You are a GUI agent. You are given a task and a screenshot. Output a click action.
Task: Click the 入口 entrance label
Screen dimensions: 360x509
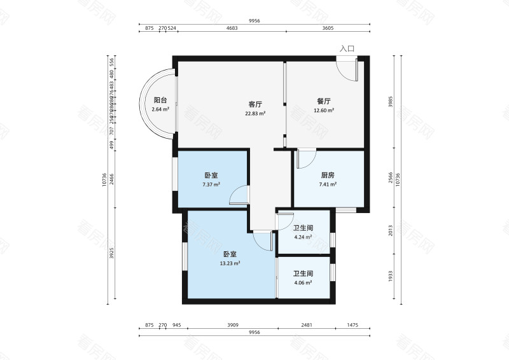[x=347, y=48]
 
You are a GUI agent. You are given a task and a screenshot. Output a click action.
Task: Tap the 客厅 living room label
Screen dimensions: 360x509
[x=255, y=104]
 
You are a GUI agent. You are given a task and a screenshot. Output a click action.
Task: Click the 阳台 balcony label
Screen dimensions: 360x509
[x=160, y=100]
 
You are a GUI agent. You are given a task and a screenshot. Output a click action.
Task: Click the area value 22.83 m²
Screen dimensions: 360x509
[x=255, y=113]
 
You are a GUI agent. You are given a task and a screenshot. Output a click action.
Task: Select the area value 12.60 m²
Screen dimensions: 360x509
[x=324, y=110]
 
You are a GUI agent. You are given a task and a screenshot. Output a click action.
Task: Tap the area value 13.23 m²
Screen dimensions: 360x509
[x=230, y=263]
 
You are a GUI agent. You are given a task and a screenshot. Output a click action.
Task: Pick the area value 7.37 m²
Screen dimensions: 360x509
[x=211, y=184]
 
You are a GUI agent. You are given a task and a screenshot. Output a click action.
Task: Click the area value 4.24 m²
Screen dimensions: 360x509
[x=302, y=237]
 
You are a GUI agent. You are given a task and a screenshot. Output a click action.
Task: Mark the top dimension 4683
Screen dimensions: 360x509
[x=232, y=29]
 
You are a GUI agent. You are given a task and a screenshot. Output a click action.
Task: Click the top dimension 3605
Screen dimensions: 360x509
[x=327, y=29]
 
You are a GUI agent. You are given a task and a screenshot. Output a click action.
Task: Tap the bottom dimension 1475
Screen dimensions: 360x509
[x=353, y=325]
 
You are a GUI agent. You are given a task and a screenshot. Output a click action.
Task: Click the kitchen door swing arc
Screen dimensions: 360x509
[x=307, y=157]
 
